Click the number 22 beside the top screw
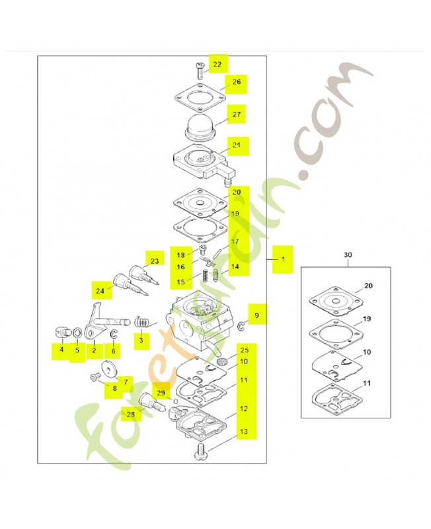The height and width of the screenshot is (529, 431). (217, 64)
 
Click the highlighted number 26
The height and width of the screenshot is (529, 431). (237, 82)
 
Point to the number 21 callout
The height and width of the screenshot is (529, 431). (237, 145)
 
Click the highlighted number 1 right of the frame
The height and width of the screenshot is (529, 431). (283, 259)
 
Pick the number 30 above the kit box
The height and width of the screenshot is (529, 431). (348, 255)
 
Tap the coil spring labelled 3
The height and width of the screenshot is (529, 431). (142, 322)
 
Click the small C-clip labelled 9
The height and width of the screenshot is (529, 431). (241, 325)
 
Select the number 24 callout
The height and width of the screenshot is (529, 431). (100, 290)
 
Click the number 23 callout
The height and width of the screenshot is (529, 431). (155, 261)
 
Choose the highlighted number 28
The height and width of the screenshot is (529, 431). (130, 414)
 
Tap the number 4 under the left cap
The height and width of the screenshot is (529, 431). (61, 350)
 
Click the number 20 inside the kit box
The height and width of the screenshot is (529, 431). (368, 286)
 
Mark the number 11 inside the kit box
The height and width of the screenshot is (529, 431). (367, 384)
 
